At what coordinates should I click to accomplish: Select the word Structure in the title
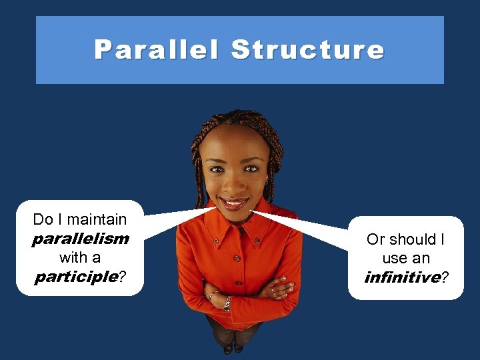[307, 50]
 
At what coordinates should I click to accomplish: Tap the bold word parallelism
[80, 239]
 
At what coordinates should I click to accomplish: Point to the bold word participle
[76, 276]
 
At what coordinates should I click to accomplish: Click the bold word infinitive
[402, 277]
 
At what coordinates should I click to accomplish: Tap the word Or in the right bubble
[375, 239]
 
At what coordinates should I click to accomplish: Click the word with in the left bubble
[73, 257]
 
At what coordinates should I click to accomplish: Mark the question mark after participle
[122, 276]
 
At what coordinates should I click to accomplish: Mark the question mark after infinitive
[445, 277]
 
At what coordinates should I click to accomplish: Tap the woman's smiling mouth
[234, 202]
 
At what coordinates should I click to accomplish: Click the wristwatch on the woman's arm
[227, 303]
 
